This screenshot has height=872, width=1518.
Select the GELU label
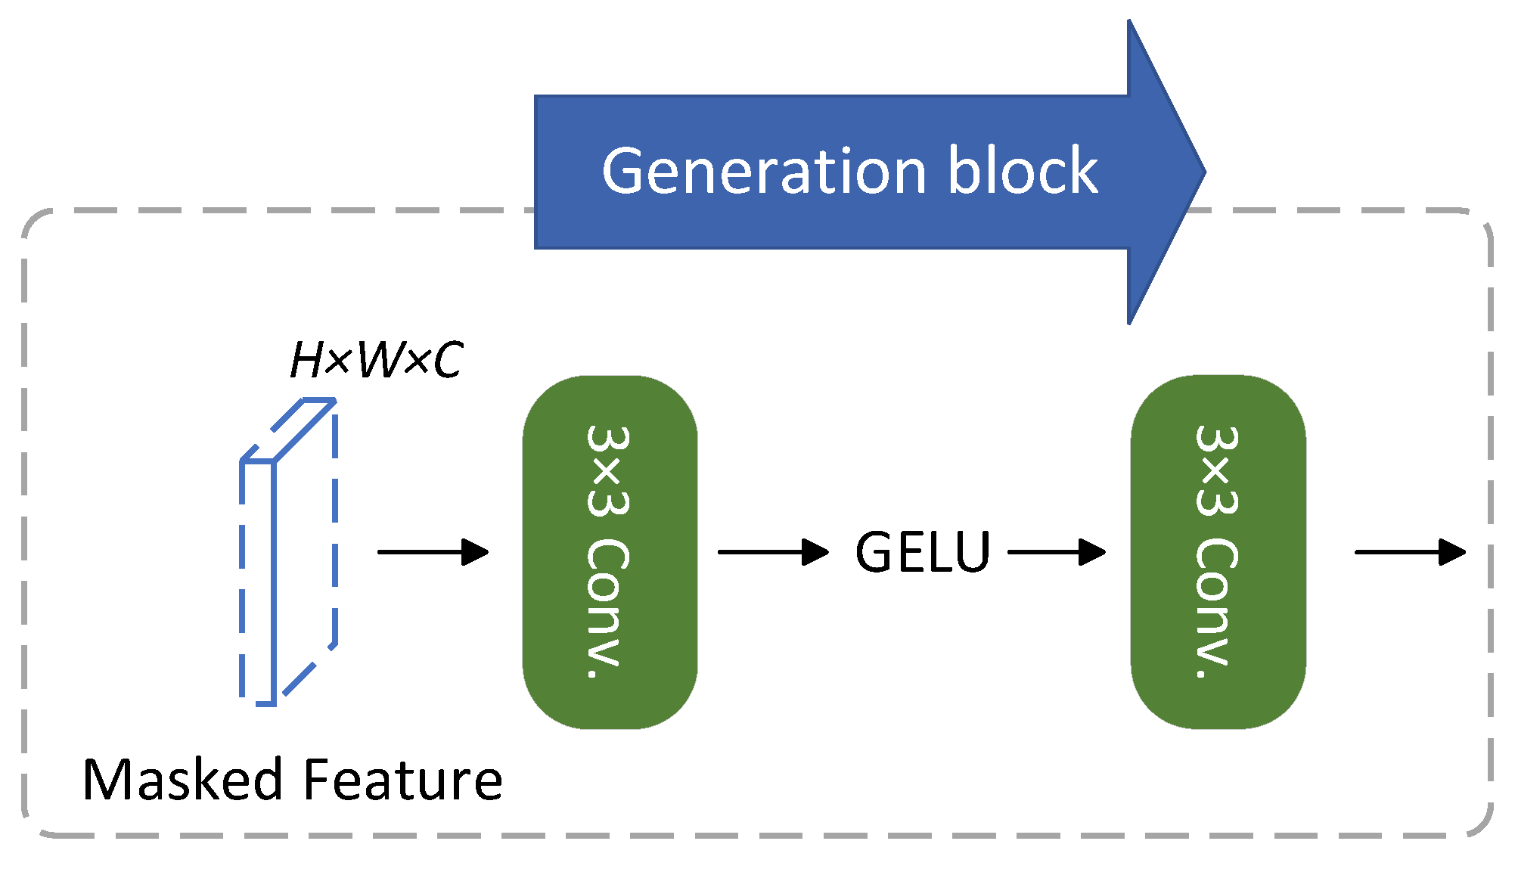pyautogui.click(x=922, y=552)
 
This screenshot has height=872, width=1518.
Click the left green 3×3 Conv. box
pyautogui.click(x=610, y=552)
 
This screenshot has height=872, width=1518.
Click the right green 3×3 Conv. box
pyautogui.click(x=1218, y=552)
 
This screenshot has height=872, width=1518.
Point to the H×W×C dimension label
pyautogui.click(x=376, y=360)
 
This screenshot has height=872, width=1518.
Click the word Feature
pyautogui.click(x=402, y=780)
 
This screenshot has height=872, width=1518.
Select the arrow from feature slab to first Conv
pyautogui.click(x=433, y=552)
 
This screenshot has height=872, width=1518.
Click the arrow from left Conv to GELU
pyautogui.click(x=772, y=552)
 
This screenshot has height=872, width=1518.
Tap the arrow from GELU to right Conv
pyautogui.click(x=1057, y=552)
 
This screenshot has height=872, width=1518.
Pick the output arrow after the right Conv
pyautogui.click(x=1410, y=552)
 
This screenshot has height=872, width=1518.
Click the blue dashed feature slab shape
pyautogui.click(x=287, y=552)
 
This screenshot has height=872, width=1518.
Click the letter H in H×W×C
pyautogui.click(x=308, y=360)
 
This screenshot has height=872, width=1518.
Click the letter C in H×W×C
pyautogui.click(x=447, y=360)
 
